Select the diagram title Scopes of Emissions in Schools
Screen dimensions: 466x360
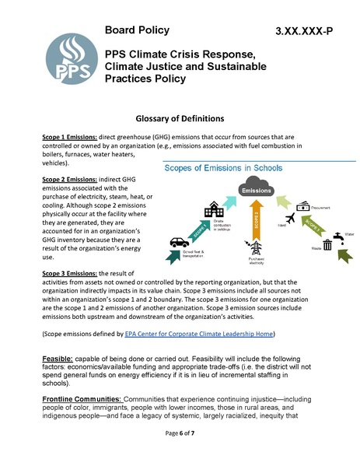coord(222,169)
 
